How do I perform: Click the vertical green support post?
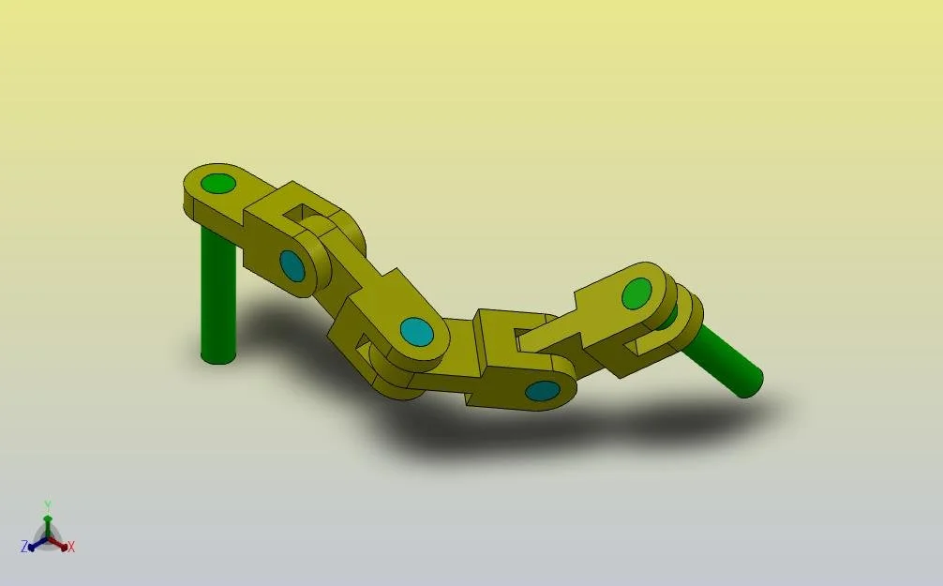tap(217, 295)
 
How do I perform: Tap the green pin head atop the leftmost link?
tap(218, 182)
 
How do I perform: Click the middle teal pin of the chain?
tap(415, 331)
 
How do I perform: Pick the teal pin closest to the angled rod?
tap(541, 390)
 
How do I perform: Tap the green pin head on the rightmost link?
tap(636, 293)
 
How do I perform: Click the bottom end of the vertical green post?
tap(217, 356)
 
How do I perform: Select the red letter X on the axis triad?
tap(71, 547)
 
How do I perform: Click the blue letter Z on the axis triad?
tap(24, 547)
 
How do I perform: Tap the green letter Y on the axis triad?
tap(48, 505)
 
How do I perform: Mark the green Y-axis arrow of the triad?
tap(48, 521)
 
